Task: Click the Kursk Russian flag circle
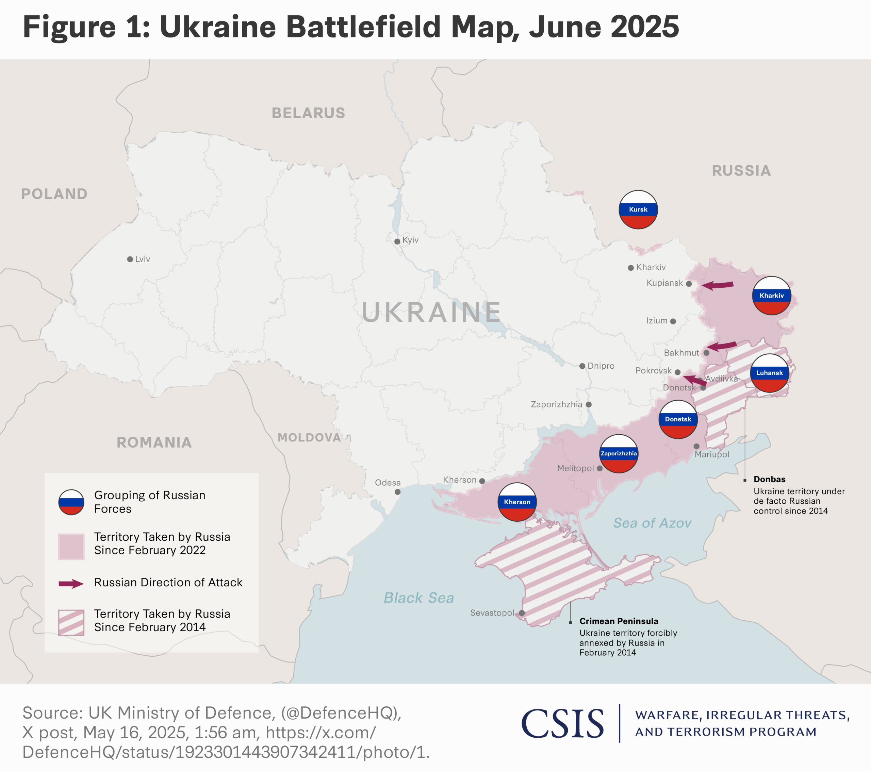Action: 638,209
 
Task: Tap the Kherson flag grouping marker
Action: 517,502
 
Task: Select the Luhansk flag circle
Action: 769,373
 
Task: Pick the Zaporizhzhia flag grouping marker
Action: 618,453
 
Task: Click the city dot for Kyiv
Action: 397,241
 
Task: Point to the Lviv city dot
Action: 130,259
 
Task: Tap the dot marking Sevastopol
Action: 522,613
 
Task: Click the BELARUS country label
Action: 309,113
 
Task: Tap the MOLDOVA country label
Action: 309,438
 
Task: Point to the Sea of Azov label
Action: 652,523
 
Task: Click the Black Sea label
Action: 418,598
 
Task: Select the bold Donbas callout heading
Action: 769,479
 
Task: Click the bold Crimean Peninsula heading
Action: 618,621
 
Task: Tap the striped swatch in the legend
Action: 71,622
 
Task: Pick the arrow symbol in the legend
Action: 71,584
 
